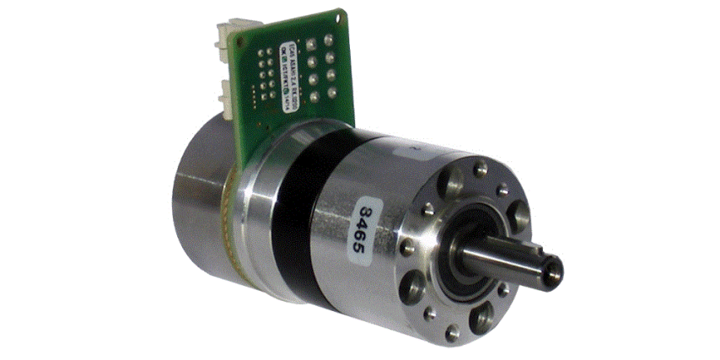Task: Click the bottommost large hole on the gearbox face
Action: click(484, 318)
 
